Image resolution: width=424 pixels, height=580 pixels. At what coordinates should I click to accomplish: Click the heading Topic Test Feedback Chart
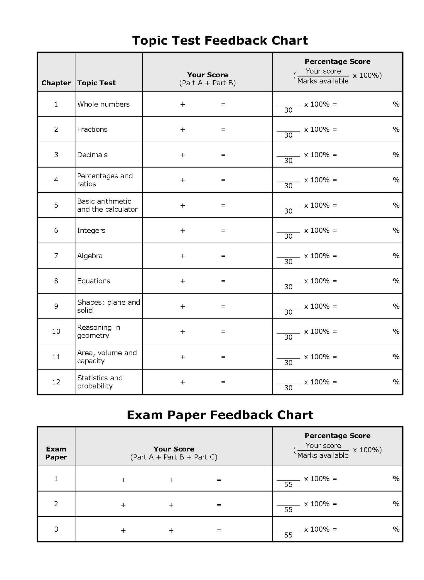coord(220,40)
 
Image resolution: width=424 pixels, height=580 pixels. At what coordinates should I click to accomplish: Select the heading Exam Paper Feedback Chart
coord(220,415)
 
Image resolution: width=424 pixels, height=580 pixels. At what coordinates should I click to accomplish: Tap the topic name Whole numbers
coord(103,104)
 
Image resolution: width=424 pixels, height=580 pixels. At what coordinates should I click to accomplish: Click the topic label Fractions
coord(92,129)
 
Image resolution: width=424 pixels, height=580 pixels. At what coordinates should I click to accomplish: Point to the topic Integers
coord(91,230)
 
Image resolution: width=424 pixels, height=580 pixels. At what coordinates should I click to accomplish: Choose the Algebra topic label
coord(90,256)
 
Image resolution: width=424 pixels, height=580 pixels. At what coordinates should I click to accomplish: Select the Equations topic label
coord(94,281)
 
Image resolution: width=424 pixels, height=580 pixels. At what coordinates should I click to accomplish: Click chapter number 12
coord(56,382)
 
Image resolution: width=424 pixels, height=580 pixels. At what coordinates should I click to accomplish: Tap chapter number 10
coord(56,331)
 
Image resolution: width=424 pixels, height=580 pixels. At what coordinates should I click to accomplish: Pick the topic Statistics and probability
coord(100,382)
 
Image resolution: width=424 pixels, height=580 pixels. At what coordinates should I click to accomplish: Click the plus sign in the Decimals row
coord(183,155)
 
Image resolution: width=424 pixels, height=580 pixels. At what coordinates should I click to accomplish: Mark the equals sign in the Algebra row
coord(223,256)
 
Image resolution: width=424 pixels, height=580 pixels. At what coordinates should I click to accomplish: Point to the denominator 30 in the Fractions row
coord(288,135)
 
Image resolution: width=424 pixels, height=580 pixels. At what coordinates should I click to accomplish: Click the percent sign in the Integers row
coord(396,230)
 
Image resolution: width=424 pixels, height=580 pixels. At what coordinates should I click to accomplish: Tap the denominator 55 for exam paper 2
coord(288,510)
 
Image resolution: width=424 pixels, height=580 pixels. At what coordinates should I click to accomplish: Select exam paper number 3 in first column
coord(56,529)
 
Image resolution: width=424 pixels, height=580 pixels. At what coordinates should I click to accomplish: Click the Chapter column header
coord(56,83)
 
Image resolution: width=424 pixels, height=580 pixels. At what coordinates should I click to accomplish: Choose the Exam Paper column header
coord(56,453)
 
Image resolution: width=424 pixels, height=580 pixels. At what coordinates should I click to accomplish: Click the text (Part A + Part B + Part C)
coord(174,457)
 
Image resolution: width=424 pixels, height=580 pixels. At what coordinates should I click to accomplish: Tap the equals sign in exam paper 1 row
coord(219,480)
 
